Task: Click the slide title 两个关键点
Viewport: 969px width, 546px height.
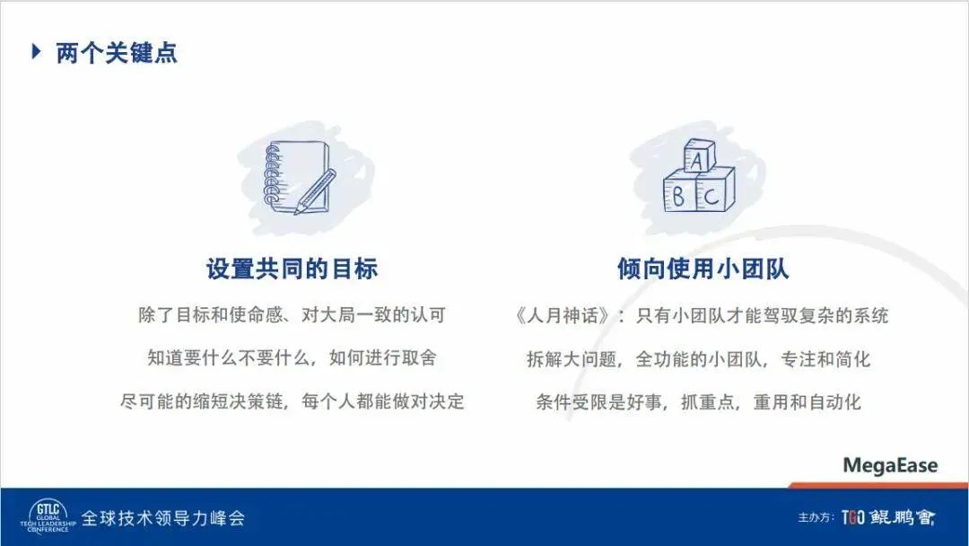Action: coord(116,53)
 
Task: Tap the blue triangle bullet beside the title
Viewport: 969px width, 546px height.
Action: coord(37,52)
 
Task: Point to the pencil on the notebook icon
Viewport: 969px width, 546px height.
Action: coord(315,191)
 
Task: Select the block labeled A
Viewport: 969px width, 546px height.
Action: coord(699,156)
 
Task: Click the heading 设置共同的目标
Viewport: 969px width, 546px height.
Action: coord(292,269)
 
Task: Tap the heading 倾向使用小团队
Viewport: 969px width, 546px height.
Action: coord(703,269)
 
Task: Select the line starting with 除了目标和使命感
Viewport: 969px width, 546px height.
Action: coord(292,315)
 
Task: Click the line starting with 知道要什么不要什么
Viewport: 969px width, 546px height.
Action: coord(292,358)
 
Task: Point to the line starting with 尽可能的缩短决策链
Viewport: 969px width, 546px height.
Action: coord(292,402)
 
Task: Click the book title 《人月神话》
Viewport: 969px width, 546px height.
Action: coord(563,316)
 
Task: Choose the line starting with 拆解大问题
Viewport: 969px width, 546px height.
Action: coord(698,359)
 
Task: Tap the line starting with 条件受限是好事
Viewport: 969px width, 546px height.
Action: coord(698,402)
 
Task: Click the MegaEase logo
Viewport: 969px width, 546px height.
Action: coord(890,465)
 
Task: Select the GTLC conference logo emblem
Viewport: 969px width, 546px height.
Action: coord(48,517)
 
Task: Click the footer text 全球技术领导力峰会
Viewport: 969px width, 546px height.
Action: coord(163,518)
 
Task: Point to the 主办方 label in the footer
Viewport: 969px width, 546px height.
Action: coord(816,517)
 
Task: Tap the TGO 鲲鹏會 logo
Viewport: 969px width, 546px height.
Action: coord(888,517)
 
